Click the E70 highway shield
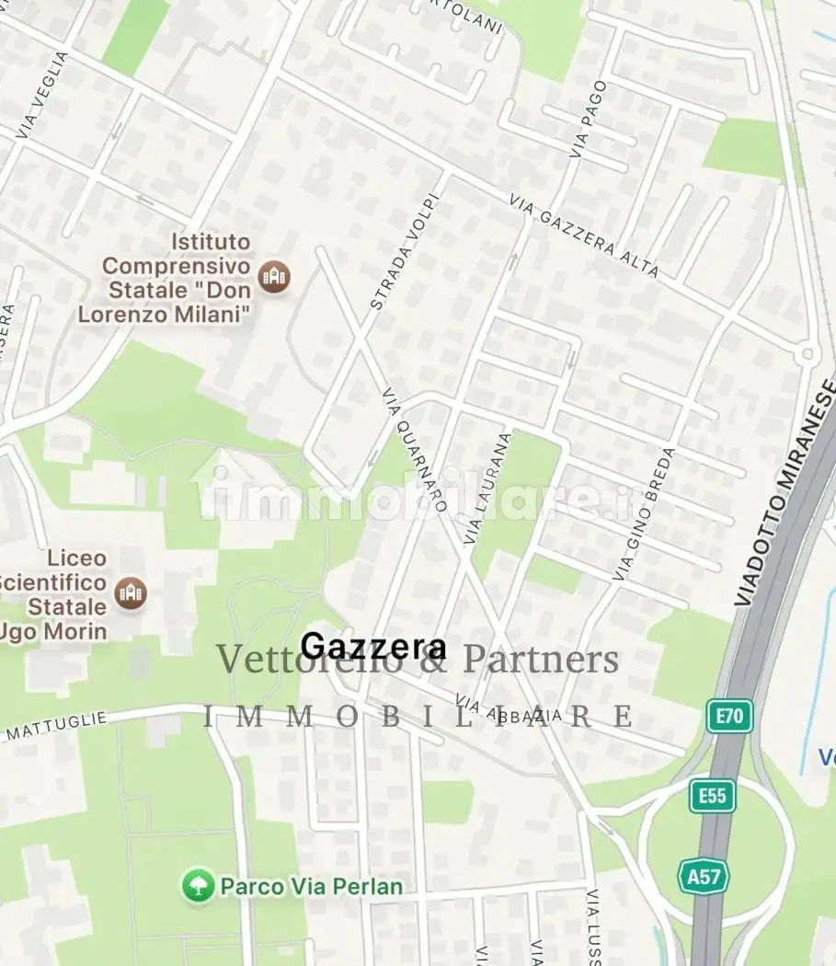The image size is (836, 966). (729, 716)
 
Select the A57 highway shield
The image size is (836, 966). (704, 876)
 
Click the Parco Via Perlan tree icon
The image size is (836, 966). (198, 886)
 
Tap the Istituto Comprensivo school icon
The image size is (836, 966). (274, 275)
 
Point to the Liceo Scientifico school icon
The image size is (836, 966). (131, 592)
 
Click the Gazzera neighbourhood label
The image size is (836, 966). (373, 647)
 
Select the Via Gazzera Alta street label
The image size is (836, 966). (584, 236)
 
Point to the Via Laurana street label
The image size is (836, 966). (487, 489)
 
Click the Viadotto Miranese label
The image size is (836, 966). (786, 495)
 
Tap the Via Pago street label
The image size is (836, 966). (588, 119)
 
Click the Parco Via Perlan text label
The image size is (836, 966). (311, 887)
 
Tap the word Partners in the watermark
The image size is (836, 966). (541, 660)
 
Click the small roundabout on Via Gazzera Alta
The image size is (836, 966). (807, 352)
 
